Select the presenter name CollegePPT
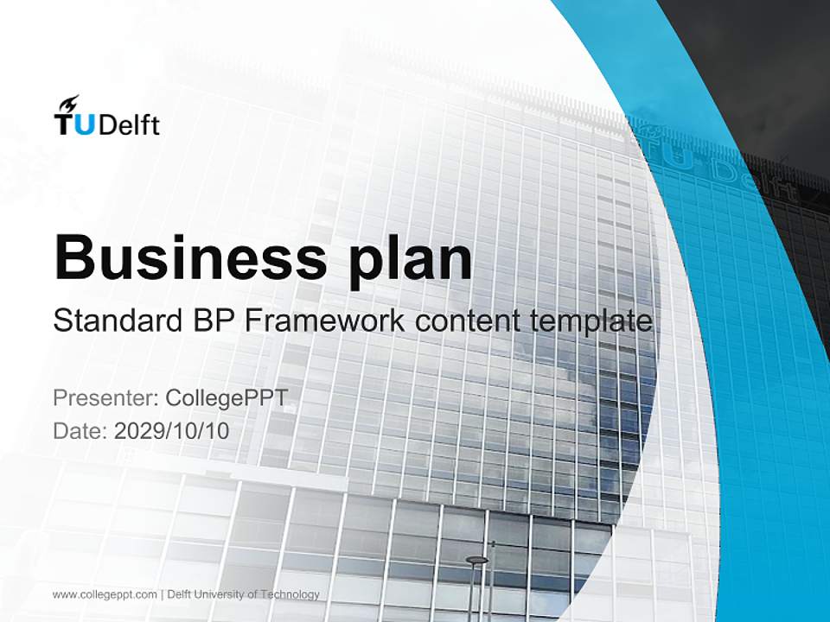point(226,398)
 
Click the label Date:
point(80,430)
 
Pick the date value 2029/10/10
point(172,430)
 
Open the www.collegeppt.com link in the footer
point(105,594)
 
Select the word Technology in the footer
point(295,594)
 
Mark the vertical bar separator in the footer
point(162,594)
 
